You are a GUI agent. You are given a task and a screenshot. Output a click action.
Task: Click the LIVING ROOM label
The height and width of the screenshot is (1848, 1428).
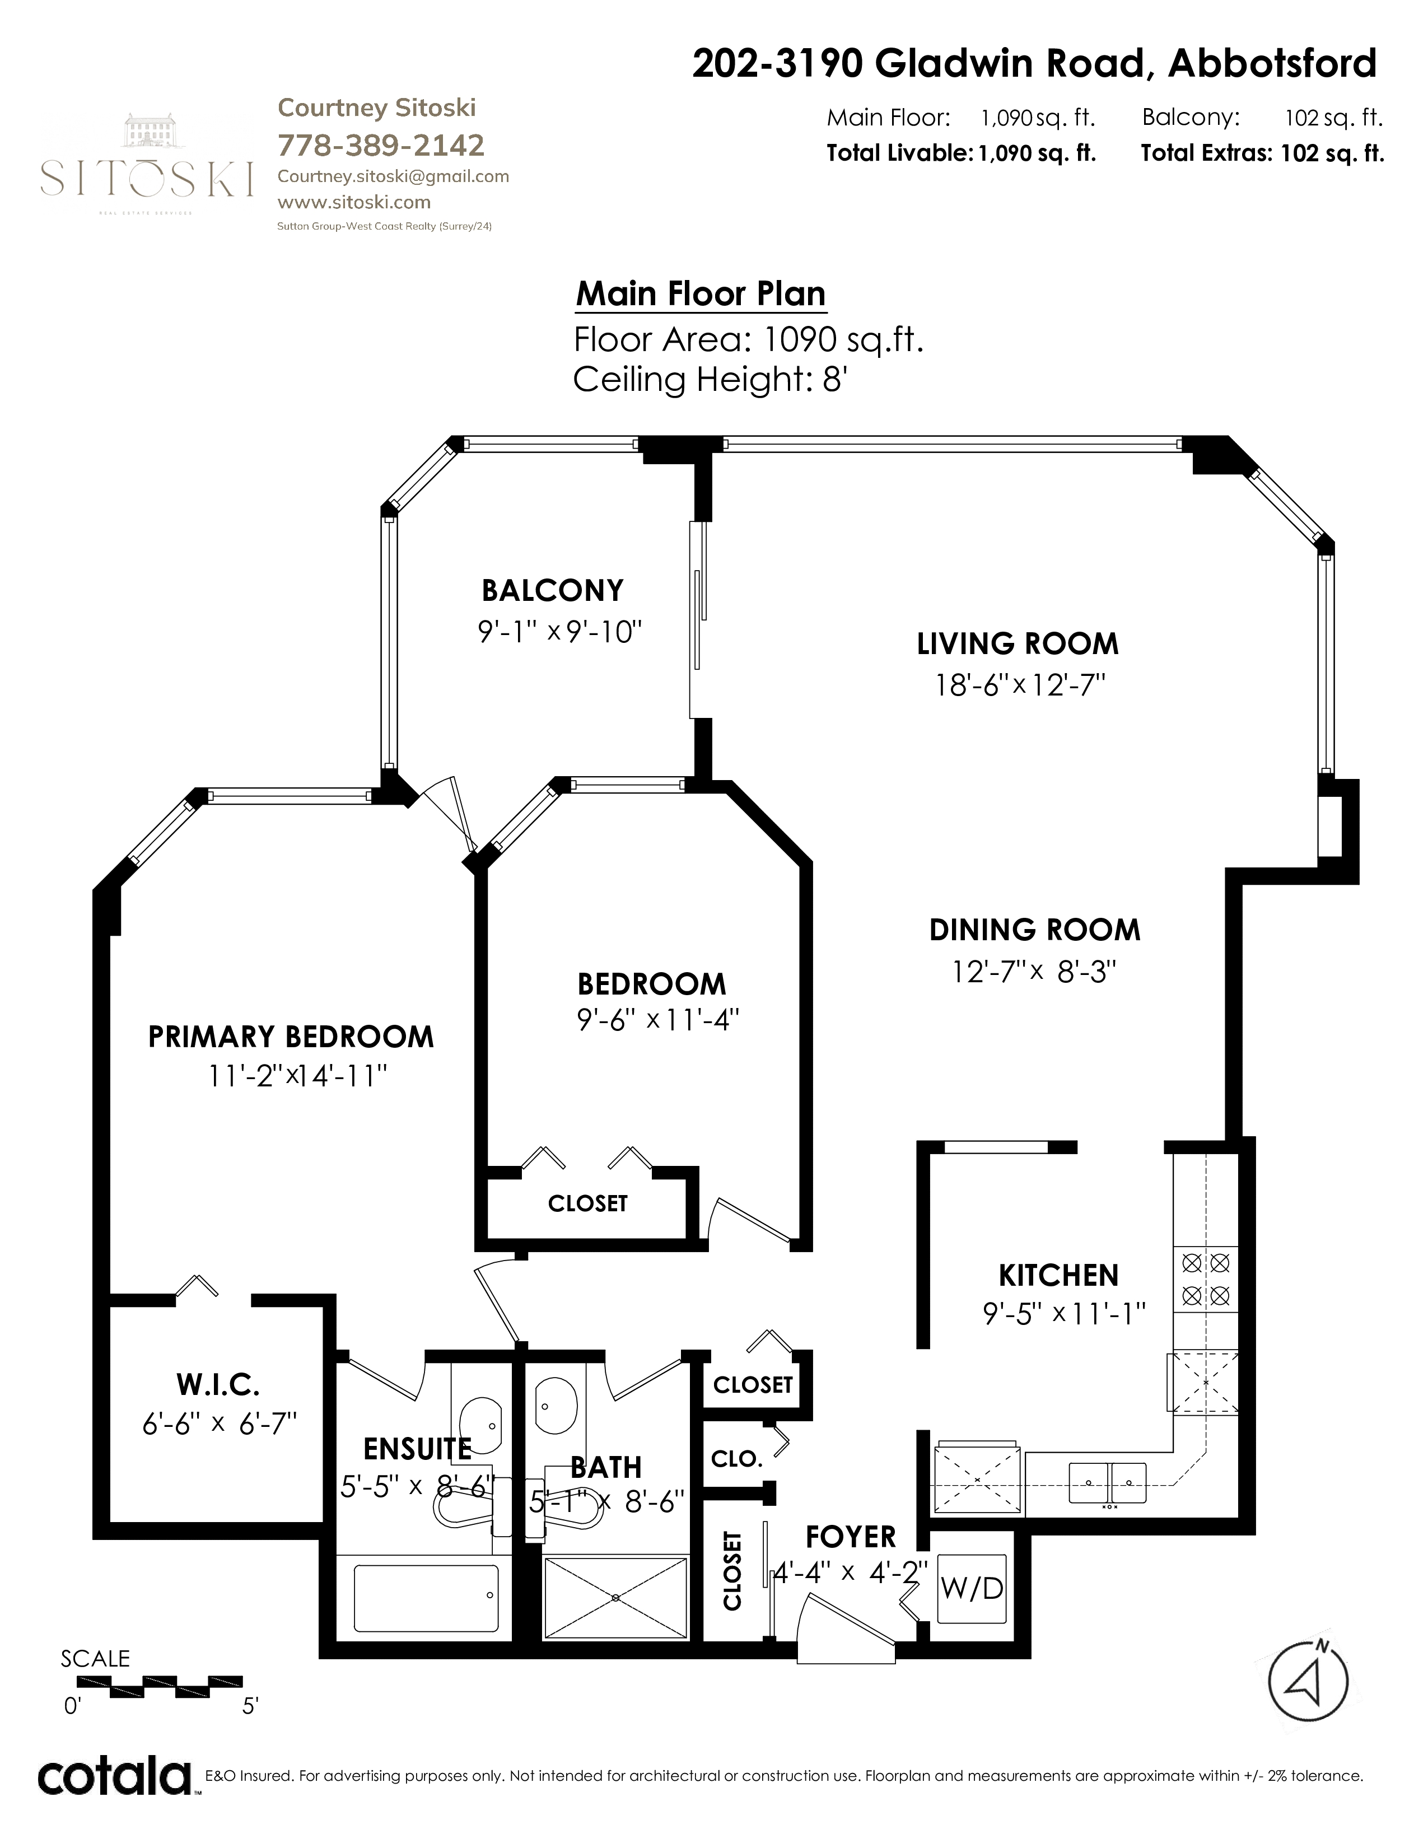point(1018,644)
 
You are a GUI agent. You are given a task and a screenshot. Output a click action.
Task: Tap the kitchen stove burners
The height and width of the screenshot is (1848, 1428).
point(1206,1278)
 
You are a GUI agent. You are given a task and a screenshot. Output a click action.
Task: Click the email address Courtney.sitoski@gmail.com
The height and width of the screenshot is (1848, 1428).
point(393,176)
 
